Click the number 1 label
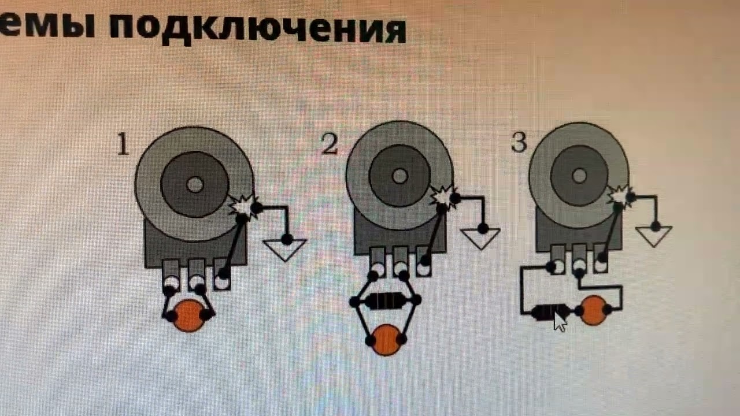tap(123, 144)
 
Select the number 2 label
tap(329, 144)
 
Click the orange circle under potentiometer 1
tap(189, 316)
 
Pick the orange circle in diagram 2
tap(387, 340)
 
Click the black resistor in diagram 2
tap(384, 302)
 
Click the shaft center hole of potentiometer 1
tap(195, 185)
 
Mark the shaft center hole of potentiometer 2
tap(399, 175)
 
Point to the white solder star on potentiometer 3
tap(620, 197)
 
